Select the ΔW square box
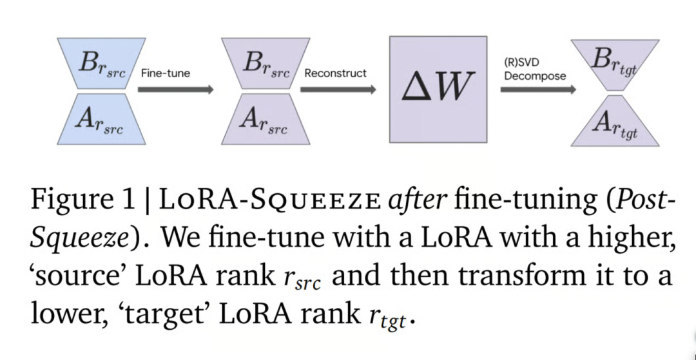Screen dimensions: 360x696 pos(438,89)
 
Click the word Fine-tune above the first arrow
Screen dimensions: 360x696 pos(165,73)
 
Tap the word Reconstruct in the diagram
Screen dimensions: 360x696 pos(335,73)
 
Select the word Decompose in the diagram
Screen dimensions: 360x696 pos(535,76)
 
